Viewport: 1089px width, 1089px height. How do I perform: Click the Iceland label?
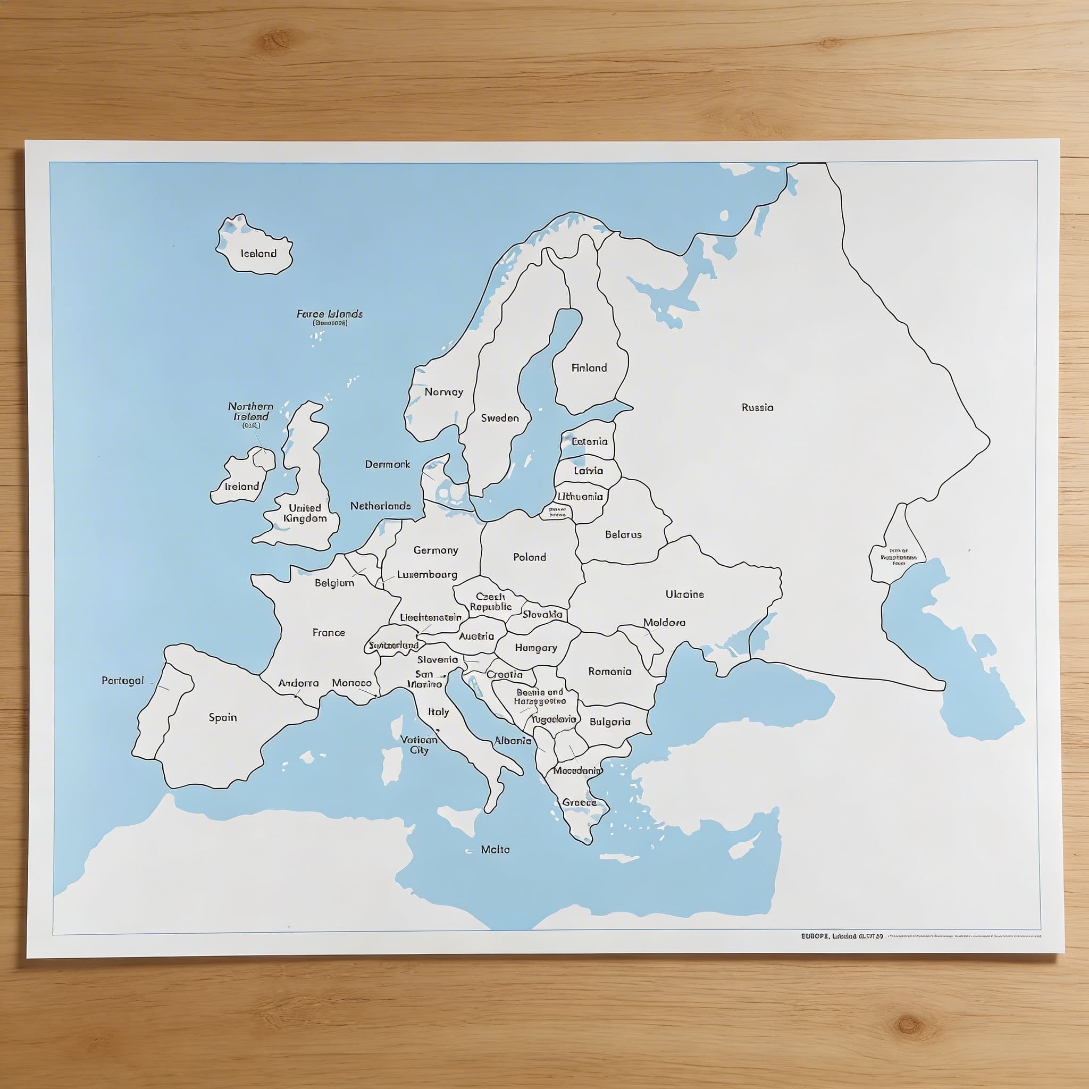[x=259, y=254]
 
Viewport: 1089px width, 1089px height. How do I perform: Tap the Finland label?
[x=589, y=368]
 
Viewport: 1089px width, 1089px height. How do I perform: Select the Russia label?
[x=758, y=407]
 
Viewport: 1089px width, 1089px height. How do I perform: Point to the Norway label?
[x=443, y=392]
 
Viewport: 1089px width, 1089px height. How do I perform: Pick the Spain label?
[x=223, y=717]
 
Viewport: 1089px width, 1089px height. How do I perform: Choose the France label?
[x=329, y=632]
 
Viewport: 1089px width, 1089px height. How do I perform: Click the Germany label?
[x=435, y=550]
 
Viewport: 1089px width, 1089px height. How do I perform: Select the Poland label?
[x=529, y=557]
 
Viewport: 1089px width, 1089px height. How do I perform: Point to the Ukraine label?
[x=685, y=594]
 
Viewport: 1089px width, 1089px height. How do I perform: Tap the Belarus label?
[x=623, y=534]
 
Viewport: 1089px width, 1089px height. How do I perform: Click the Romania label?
[x=610, y=672]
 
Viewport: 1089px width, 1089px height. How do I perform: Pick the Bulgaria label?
[x=610, y=722]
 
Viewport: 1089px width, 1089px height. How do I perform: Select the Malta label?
[x=495, y=849]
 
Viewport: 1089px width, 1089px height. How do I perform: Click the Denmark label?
[x=387, y=464]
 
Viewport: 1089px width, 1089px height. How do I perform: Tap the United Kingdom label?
[x=305, y=513]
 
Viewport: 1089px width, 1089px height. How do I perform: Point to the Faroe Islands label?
[x=330, y=314]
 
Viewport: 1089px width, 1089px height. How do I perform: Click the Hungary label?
[x=535, y=648]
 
